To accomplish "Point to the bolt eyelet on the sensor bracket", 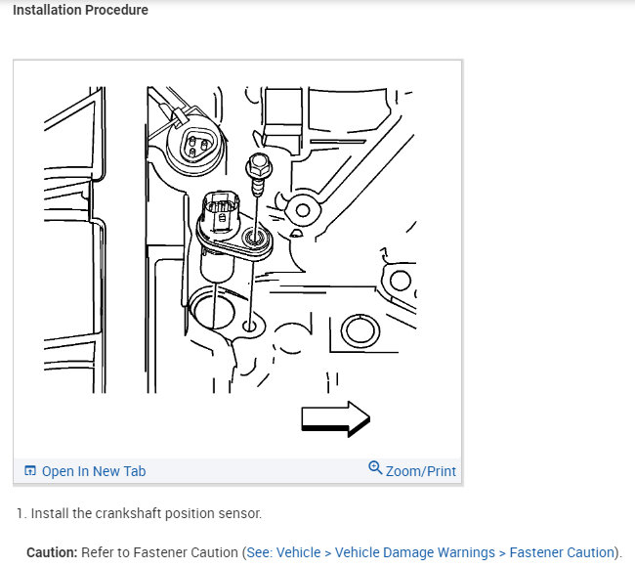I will (x=256, y=238).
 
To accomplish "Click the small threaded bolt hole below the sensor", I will (x=251, y=325).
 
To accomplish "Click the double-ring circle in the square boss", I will (x=359, y=332).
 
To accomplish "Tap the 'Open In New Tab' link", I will (x=94, y=471).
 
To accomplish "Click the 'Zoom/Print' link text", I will (x=421, y=471).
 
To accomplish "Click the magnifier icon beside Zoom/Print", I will (x=375, y=468).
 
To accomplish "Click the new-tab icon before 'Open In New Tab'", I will (x=30, y=471).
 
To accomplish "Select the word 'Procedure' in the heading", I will (x=118, y=10).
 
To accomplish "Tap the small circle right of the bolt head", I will (x=300, y=208).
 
